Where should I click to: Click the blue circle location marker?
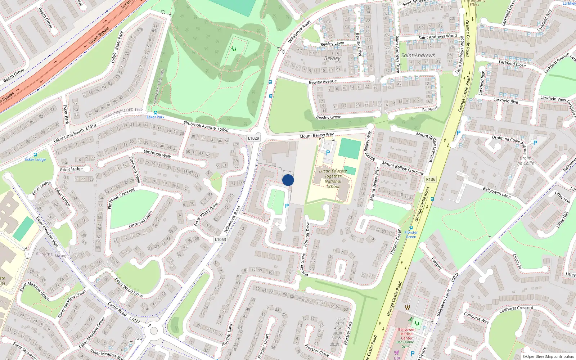[x=288, y=180]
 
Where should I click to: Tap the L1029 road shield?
[x=253, y=138]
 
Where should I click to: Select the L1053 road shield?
[x=220, y=239]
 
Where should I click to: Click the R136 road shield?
[x=431, y=179]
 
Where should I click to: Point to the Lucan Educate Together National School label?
[x=333, y=179]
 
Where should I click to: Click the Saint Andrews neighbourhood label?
[x=418, y=55]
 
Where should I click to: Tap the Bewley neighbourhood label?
[x=332, y=58]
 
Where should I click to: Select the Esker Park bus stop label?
[x=156, y=117]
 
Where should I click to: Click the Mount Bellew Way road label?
[x=316, y=135]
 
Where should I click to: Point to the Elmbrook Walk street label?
[x=157, y=154]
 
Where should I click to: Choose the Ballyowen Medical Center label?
[x=407, y=334]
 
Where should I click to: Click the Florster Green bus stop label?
[x=411, y=234]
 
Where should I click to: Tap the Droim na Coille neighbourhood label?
[x=525, y=161]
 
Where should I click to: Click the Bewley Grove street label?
[x=328, y=117]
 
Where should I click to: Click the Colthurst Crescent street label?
[x=516, y=309]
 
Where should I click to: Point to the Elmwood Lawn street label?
[x=140, y=220]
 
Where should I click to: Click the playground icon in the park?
[x=234, y=49]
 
